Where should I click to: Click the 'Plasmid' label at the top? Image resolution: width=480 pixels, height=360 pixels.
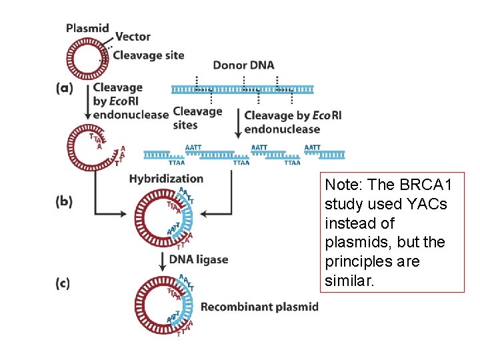point(87,28)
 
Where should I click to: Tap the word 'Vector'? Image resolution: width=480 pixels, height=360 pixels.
point(133,37)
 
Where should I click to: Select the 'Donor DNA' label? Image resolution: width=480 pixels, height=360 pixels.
point(243,65)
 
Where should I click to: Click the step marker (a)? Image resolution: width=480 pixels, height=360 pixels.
point(64,88)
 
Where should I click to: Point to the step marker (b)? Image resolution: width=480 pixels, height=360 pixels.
point(65,201)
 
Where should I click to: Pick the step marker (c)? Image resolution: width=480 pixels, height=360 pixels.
point(63,283)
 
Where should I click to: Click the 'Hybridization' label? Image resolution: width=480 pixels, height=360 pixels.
point(166,179)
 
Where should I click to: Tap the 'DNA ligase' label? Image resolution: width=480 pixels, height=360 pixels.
point(199,259)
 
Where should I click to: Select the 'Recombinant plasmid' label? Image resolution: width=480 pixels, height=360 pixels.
point(259,307)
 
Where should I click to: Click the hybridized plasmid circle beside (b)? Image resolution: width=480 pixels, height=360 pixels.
point(164,216)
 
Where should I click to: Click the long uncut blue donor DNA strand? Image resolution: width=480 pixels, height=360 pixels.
point(243,89)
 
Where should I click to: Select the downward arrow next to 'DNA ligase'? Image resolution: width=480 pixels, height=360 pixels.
point(162,260)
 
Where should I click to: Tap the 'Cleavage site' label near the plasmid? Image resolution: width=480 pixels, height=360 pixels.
point(148,55)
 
